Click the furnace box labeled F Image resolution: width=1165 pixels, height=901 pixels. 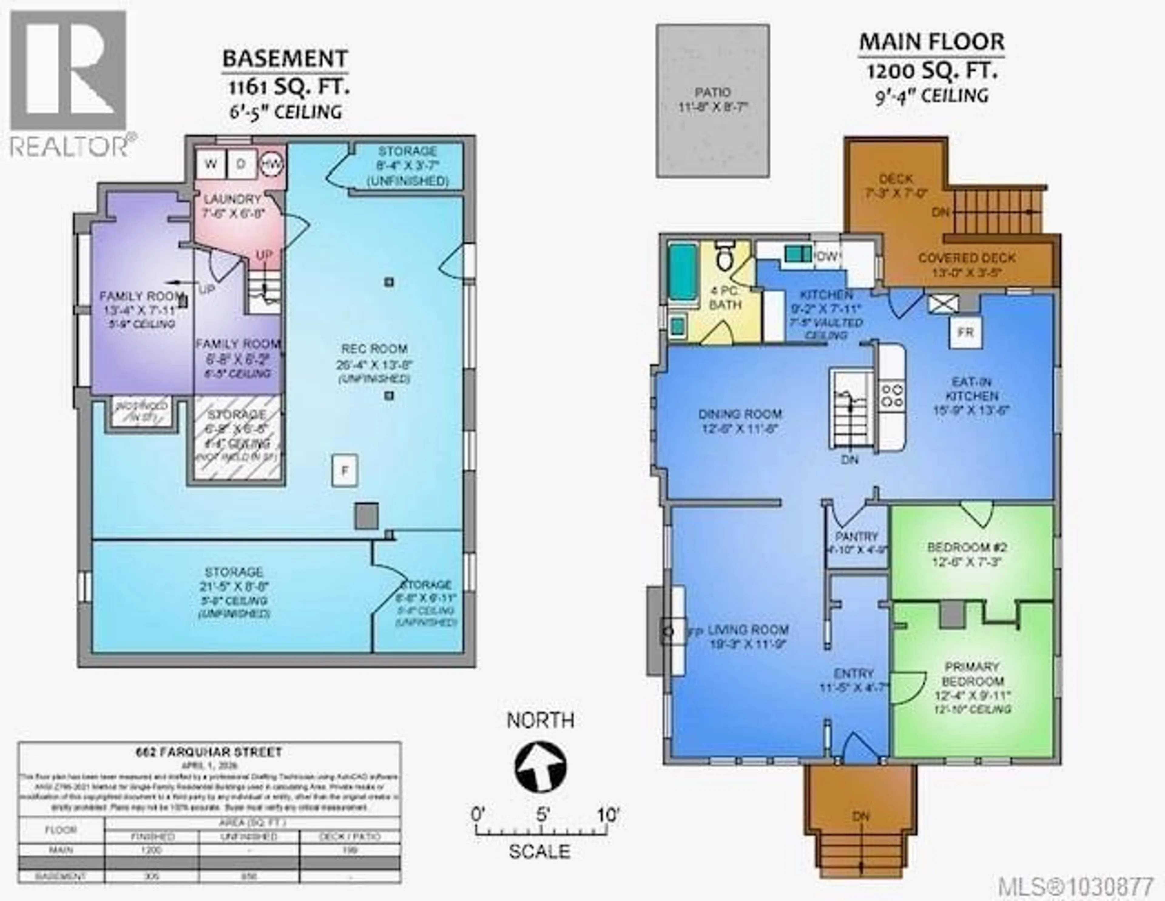tap(345, 471)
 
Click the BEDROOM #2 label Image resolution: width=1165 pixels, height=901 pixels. tap(967, 547)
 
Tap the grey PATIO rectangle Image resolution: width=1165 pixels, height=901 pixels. tap(713, 100)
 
